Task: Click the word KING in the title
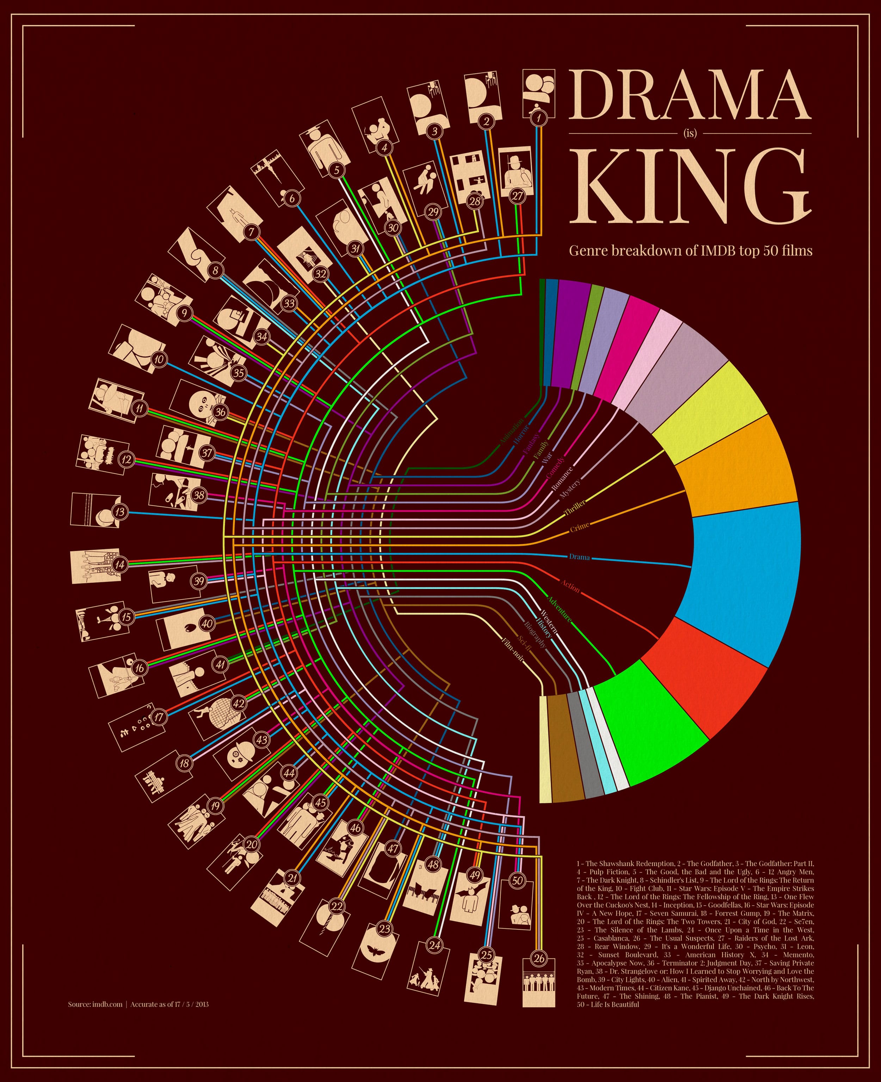click(690, 186)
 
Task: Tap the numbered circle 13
click(120, 511)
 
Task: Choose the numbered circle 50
click(517, 880)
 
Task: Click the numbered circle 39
click(198, 580)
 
